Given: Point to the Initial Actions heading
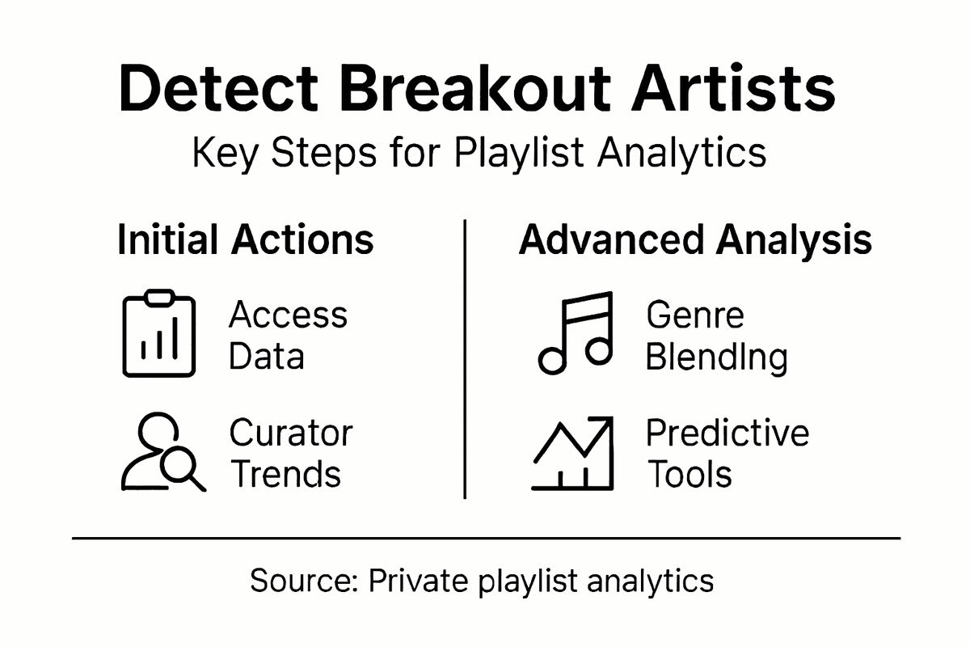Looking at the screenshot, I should [246, 240].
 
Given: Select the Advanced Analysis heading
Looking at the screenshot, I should [695, 240].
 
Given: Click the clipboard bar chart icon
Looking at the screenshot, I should [159, 335].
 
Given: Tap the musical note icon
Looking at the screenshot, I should [576, 333].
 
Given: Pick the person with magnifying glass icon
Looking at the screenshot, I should [162, 453].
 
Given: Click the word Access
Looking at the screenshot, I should [289, 315].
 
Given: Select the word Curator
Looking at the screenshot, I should [291, 433].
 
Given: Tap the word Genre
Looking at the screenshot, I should [695, 315].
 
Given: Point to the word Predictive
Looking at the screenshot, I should [727, 433].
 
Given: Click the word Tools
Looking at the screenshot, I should [690, 474].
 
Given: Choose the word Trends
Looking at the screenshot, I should [285, 474].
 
